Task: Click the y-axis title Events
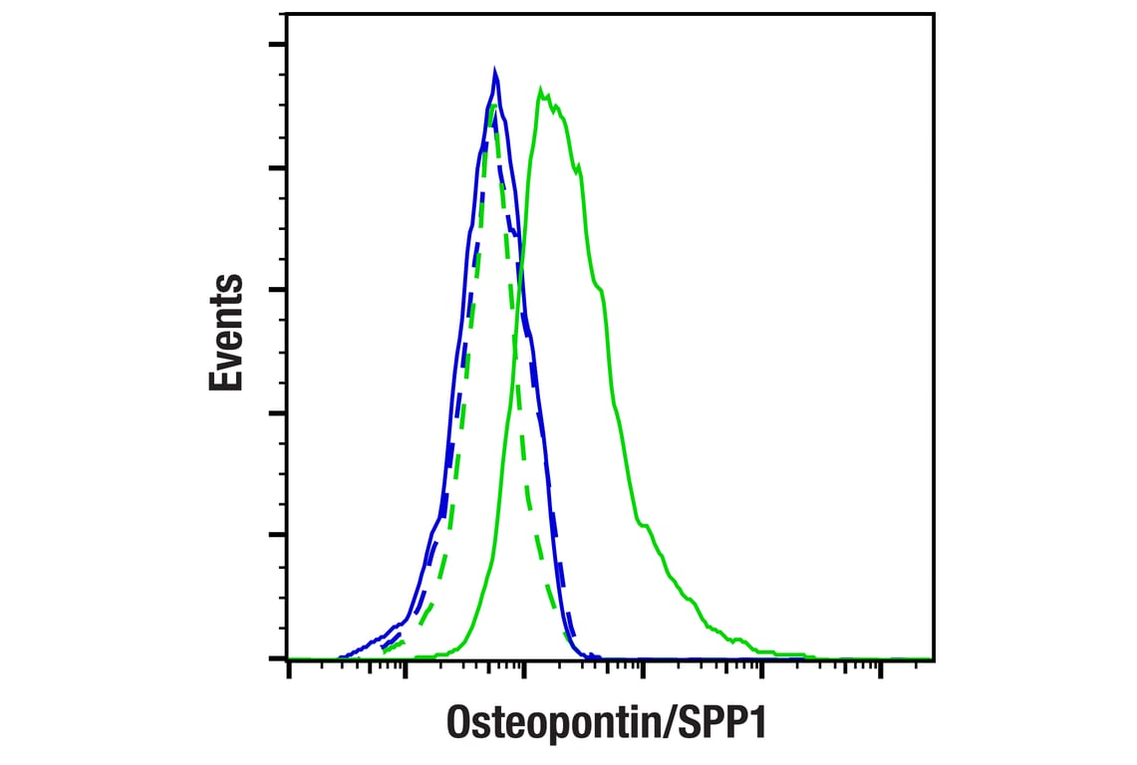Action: point(227,332)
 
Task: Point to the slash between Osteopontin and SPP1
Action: point(682,721)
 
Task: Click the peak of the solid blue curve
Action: point(494,70)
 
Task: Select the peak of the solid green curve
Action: point(540,91)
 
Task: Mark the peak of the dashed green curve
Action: point(492,104)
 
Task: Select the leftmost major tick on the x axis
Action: point(289,671)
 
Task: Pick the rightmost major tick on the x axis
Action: point(881,671)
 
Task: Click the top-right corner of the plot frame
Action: point(934,13)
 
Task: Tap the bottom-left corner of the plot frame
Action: point(287,658)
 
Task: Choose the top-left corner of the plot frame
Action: point(287,13)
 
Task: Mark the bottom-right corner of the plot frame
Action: point(934,658)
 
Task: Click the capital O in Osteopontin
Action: point(459,721)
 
